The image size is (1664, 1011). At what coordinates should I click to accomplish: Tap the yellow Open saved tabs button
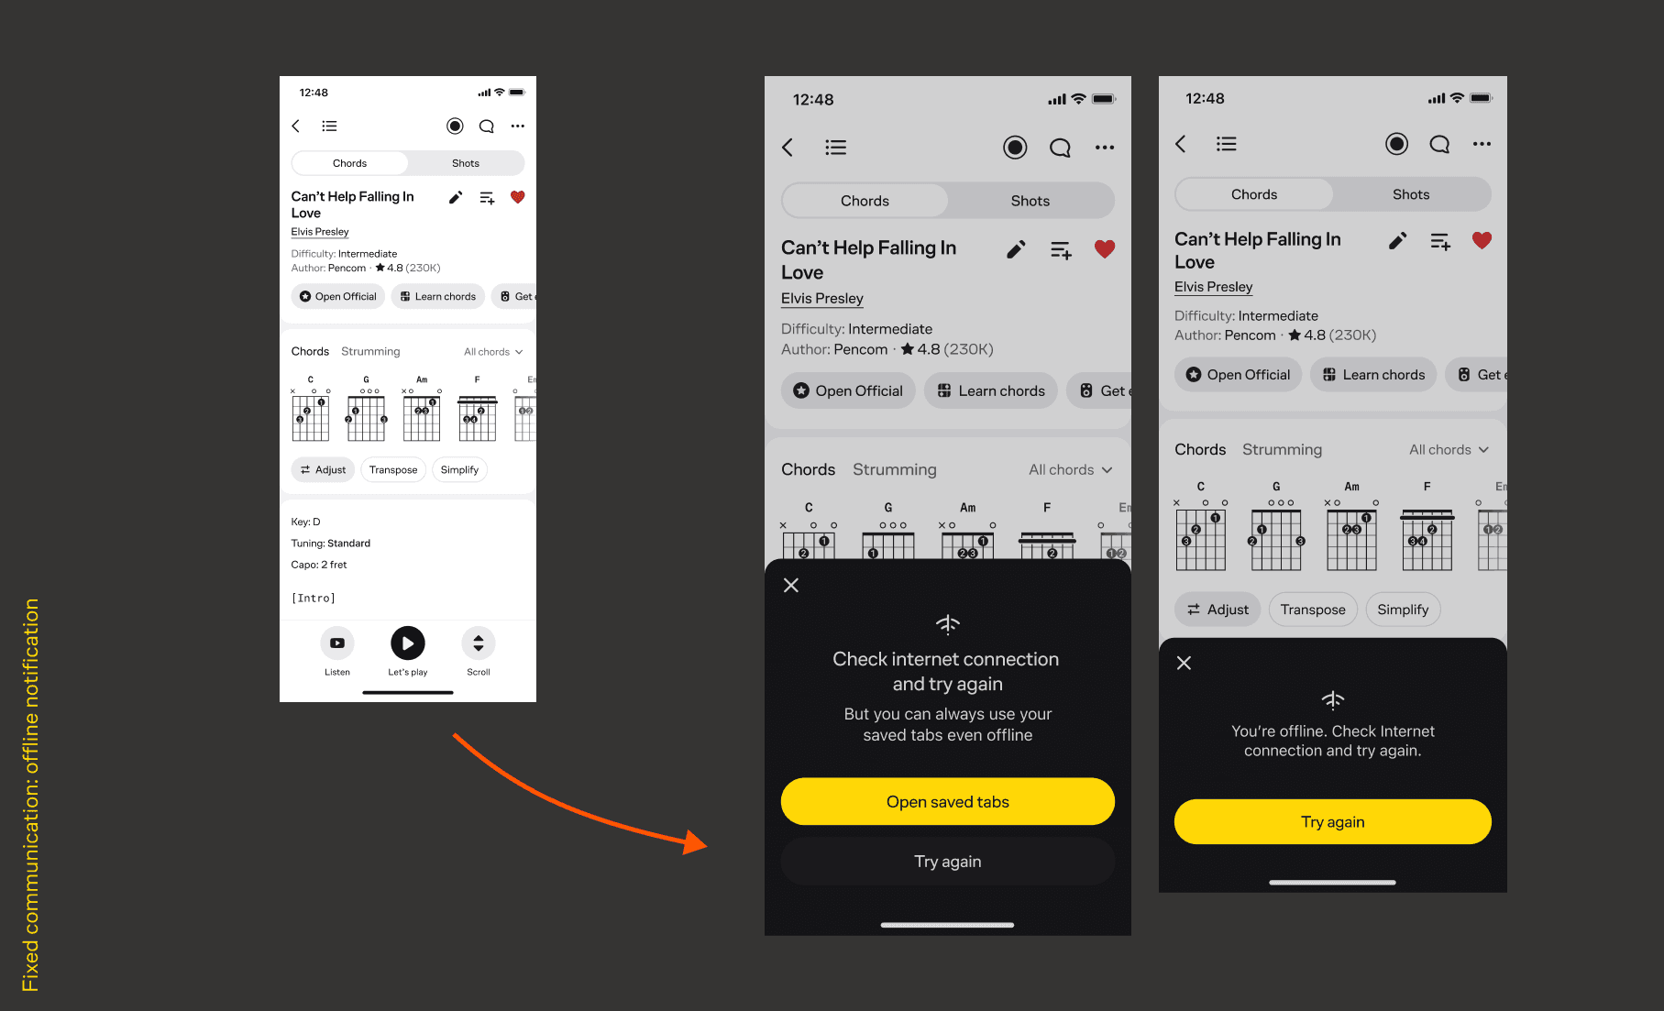[947, 801]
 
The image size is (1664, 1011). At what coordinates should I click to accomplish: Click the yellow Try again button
[1332, 821]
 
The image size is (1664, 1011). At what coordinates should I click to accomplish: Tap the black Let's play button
[408, 643]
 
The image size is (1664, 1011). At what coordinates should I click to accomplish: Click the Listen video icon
[337, 643]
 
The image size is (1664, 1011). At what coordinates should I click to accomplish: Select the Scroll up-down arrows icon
[479, 643]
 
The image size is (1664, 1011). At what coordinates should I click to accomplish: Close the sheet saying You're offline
[1184, 663]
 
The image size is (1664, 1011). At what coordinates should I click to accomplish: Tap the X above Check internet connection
[791, 585]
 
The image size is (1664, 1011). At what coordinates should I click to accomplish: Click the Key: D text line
[305, 522]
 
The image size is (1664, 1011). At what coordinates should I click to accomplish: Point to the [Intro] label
[314, 599]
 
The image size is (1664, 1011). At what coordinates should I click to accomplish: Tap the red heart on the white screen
[517, 197]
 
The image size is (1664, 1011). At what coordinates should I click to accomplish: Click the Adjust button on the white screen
[323, 469]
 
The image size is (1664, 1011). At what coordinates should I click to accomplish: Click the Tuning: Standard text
[331, 544]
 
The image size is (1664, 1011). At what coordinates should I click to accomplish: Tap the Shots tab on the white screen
[466, 163]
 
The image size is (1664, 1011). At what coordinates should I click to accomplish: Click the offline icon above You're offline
[1332, 700]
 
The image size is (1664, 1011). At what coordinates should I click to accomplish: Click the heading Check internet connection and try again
[946, 671]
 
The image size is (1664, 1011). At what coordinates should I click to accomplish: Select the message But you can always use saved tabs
[948, 724]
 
